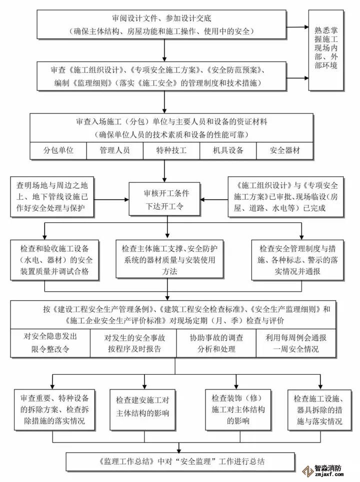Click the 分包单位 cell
click(58, 150)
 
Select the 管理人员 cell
click(115, 150)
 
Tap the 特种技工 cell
click(171, 150)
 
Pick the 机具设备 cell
click(228, 150)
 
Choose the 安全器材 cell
click(285, 150)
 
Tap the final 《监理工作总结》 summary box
click(178, 460)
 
